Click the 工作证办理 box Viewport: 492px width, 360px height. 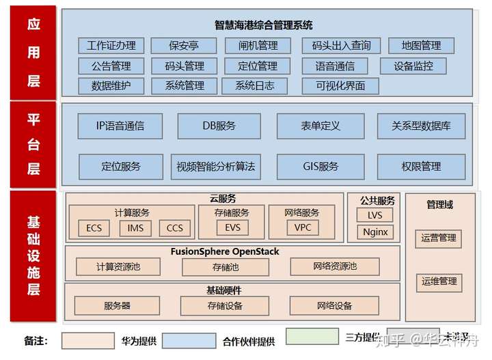(111, 46)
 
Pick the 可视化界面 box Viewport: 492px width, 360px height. (340, 86)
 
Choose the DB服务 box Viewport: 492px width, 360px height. (219, 126)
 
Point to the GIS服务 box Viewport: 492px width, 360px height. (320, 166)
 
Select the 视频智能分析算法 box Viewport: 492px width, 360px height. (215, 166)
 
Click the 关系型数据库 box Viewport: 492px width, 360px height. (421, 126)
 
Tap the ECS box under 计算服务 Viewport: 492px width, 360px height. (94, 227)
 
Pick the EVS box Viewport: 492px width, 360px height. (233, 227)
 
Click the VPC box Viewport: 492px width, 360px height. (302, 227)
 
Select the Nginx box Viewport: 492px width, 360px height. (375, 232)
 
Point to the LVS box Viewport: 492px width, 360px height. (375, 215)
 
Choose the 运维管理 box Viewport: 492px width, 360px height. (439, 281)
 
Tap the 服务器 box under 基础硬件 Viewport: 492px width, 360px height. (117, 305)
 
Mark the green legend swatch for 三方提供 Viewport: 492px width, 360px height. (312, 337)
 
